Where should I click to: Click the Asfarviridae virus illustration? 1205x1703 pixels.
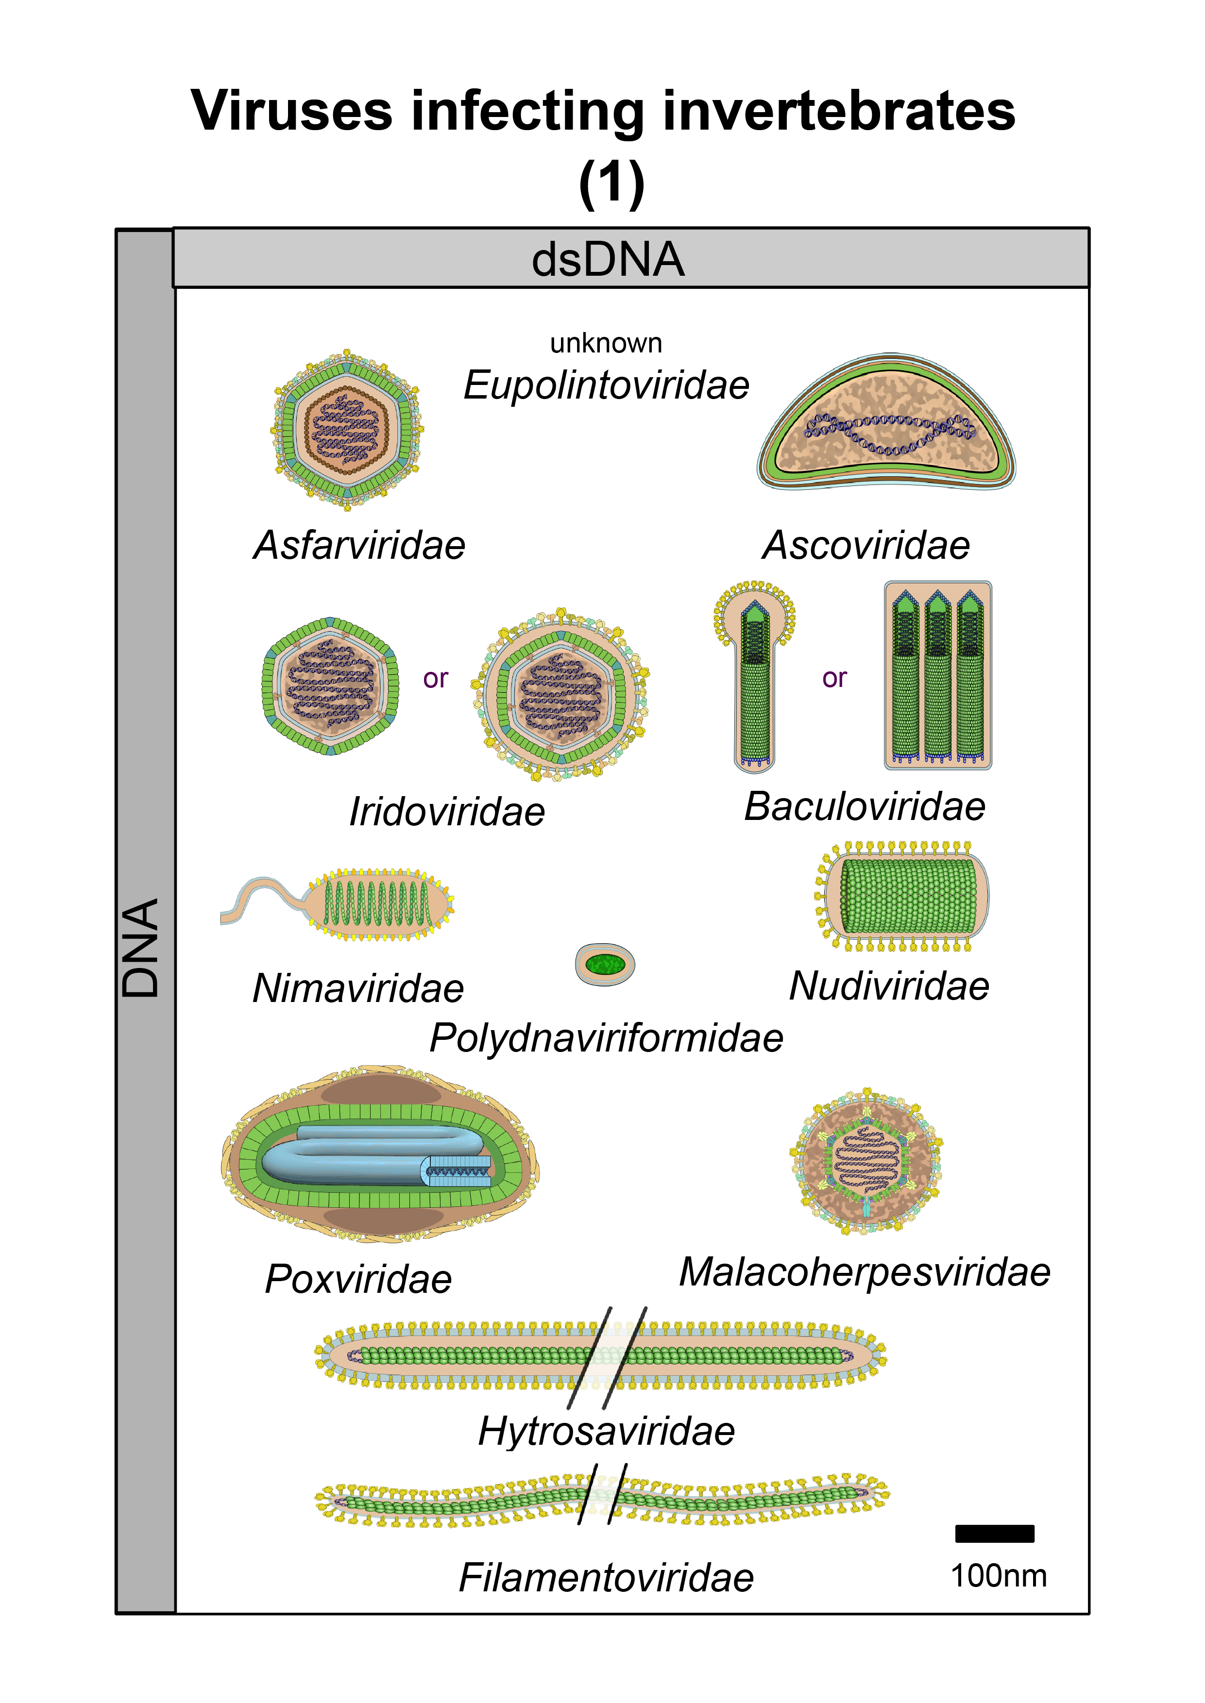[346, 430]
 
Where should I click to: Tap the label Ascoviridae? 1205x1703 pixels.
[866, 546]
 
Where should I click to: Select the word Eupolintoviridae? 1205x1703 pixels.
[606, 385]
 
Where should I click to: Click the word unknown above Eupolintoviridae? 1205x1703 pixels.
[606, 343]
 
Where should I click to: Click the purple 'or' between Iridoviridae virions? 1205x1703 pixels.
[436, 679]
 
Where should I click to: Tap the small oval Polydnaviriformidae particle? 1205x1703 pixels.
[605, 964]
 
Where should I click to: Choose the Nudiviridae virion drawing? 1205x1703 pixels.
[905, 896]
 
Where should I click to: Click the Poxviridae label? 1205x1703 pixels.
[358, 1280]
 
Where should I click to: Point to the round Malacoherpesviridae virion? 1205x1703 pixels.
[866, 1162]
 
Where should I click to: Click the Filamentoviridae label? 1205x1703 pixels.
[606, 1578]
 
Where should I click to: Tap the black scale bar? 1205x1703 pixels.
[994, 1534]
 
